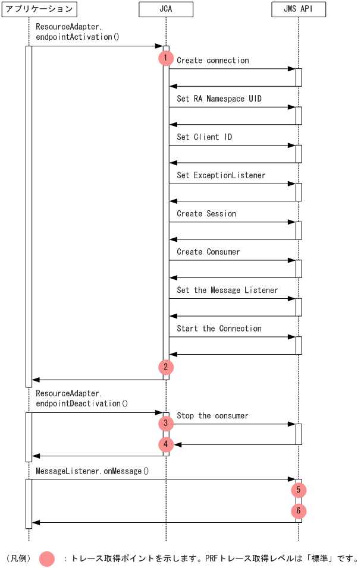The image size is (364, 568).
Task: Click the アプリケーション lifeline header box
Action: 39,9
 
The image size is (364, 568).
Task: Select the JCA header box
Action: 165,9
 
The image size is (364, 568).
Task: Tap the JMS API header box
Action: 298,9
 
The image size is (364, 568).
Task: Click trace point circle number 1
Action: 166,58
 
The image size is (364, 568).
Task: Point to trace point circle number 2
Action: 166,367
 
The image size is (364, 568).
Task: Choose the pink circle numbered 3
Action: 166,424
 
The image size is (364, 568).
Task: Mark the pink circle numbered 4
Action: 166,444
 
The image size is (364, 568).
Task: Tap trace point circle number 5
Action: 299,490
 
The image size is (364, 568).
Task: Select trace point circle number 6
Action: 299,511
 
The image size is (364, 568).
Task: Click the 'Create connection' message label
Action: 212,61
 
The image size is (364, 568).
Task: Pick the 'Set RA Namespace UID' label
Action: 219,99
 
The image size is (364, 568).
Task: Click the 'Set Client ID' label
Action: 204,137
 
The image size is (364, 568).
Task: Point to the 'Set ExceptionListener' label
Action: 221,175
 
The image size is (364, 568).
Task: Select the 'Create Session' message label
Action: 206,214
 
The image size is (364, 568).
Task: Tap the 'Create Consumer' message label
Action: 208,252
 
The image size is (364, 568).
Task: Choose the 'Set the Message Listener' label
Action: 227,290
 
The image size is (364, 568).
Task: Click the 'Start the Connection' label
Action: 219,329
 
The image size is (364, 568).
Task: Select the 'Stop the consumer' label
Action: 212,416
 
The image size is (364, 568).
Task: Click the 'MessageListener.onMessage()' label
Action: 92,471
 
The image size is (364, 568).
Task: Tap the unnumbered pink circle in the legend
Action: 47,559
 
